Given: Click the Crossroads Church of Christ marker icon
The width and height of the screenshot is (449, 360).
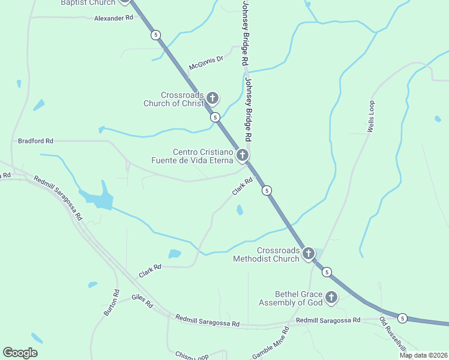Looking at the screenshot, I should pos(212,98).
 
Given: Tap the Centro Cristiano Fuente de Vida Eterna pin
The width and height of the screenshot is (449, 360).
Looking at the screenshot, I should pos(242,155).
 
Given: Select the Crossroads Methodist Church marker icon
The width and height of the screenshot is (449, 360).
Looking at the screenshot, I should pos(308,253).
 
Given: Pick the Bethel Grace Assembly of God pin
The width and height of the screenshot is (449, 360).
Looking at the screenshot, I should pos(331,297).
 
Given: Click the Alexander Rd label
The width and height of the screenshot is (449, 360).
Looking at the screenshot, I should pos(113,19).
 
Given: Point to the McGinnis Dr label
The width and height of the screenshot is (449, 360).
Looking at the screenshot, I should pos(206,62).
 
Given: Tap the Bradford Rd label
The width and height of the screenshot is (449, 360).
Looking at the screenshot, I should pos(35,141).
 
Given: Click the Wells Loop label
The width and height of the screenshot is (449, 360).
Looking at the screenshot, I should pos(371,116).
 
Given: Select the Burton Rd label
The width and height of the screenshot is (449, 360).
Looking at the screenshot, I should pos(111,304).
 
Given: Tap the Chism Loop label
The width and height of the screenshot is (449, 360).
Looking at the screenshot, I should pos(191,356).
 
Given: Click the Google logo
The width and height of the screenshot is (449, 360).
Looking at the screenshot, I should pos(20,353).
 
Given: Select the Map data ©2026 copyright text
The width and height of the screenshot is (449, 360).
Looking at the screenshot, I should pos(423,355).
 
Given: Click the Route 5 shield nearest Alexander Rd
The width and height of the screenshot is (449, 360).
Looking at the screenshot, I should pos(156,35).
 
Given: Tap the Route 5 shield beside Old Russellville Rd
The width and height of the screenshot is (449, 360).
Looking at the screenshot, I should pos(402,318).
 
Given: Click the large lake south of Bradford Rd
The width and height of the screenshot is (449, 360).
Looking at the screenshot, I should pos(99,198).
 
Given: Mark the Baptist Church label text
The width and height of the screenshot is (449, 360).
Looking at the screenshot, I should pos(88,3).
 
